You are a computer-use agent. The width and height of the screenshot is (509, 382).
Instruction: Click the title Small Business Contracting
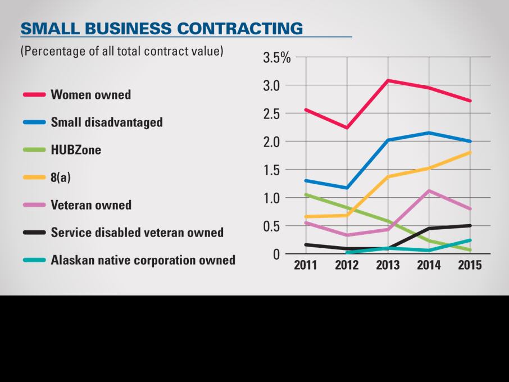161,28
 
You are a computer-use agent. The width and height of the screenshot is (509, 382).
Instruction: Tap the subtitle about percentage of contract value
122,51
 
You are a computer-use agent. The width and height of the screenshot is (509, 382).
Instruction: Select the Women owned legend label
90,94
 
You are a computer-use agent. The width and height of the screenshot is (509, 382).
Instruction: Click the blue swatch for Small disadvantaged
34,122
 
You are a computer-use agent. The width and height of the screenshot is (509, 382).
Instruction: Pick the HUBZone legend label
76,149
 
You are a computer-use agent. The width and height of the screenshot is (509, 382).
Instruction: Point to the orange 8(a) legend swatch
34,177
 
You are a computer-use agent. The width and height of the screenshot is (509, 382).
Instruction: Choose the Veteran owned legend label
91,204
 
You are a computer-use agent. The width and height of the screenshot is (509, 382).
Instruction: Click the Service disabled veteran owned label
137,232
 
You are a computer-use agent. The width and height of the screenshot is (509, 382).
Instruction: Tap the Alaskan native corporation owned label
143,260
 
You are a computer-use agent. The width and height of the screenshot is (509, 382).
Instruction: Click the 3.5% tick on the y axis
277,58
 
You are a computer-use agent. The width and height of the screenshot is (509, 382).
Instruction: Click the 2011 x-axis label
306,266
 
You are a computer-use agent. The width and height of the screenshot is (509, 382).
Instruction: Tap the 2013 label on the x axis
388,266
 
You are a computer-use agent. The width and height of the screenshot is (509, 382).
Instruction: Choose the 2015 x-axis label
470,266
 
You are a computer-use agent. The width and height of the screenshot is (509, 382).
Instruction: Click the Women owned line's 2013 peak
388,80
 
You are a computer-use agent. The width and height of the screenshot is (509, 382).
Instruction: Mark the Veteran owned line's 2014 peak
429,190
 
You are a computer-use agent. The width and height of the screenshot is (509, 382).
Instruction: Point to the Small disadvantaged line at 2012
347,188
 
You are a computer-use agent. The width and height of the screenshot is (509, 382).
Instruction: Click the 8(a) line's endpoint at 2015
470,152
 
